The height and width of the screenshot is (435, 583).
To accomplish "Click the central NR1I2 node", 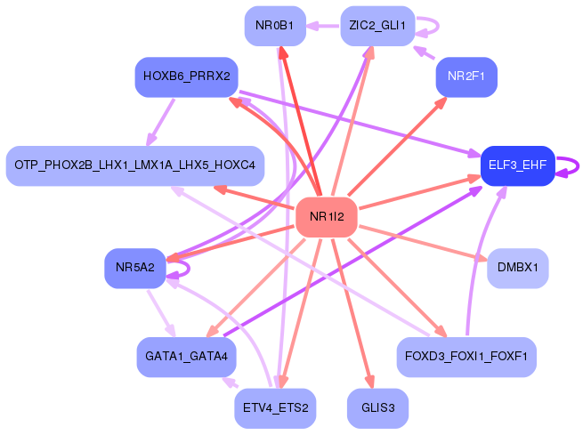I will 326,217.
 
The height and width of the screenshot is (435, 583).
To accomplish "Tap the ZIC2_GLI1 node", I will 377,26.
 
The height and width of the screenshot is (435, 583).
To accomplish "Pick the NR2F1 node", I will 466,77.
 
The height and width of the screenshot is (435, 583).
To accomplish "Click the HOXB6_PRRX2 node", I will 185,77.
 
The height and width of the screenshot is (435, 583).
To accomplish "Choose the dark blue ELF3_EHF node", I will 517,165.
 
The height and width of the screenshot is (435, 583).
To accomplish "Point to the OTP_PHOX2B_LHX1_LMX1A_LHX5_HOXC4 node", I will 134,165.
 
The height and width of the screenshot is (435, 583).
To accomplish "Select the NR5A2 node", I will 134,267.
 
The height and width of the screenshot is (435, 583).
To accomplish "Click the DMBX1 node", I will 517,267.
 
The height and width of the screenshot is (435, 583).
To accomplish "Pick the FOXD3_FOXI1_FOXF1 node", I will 466,356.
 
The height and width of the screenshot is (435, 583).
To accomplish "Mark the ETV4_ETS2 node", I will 275,408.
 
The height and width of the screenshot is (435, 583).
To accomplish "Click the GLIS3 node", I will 377,408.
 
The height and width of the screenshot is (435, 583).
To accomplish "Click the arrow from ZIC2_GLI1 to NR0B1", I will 324,26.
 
